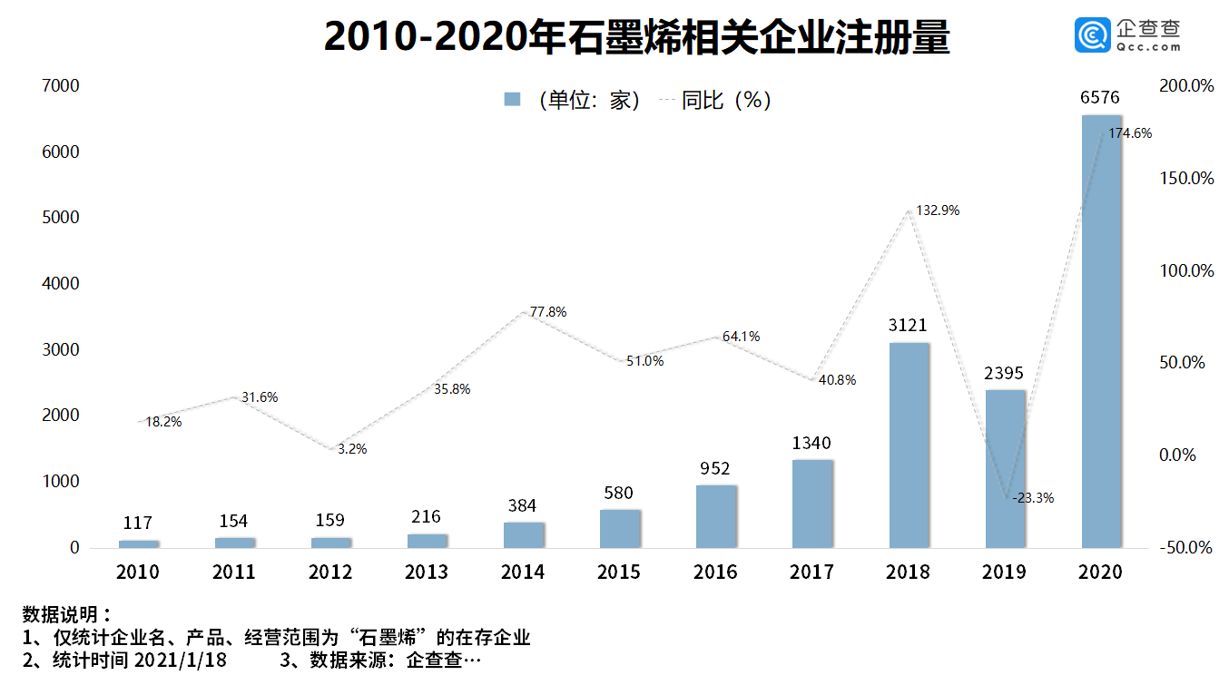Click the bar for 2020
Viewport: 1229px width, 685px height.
tap(1101, 331)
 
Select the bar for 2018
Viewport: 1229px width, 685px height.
tap(909, 445)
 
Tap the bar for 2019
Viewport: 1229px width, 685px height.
tap(1005, 468)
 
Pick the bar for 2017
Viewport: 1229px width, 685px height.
tap(812, 504)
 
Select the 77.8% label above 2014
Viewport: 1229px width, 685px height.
tap(548, 312)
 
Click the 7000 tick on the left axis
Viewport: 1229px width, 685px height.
tap(62, 86)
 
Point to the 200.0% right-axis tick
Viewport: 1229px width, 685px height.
tap(1186, 86)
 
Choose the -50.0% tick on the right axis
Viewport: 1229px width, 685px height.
tap(1186, 548)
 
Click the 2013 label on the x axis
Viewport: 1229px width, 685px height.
tap(427, 572)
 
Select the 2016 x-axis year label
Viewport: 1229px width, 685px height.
tap(715, 572)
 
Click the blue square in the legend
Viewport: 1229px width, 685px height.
tap(512, 100)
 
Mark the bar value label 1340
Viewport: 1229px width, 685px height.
tap(811, 444)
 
